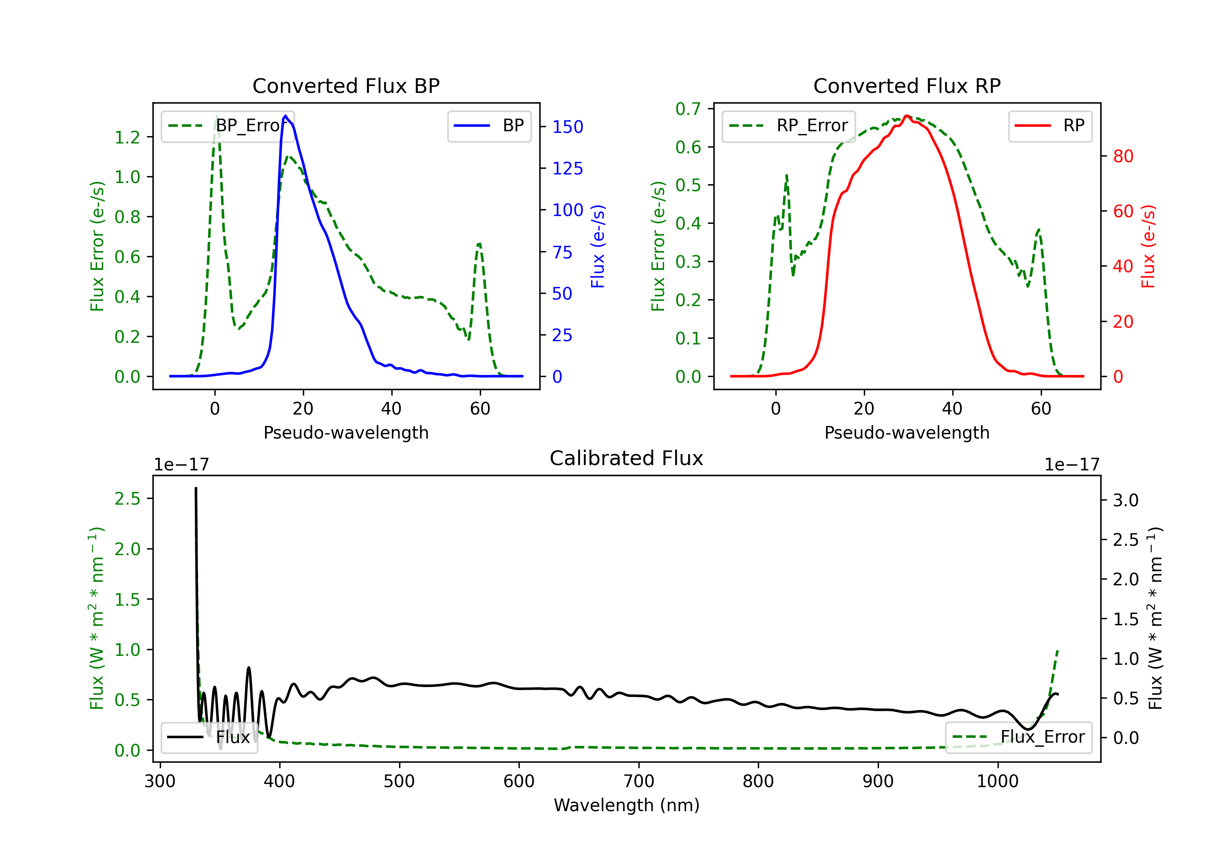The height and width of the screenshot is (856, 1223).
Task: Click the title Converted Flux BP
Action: click(346, 86)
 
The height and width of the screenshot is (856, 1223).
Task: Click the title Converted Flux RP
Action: click(907, 86)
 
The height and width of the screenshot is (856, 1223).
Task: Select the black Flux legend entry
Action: click(210, 737)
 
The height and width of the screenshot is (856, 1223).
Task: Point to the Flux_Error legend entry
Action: click(1018, 737)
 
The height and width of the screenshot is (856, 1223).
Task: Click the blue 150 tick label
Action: click(567, 127)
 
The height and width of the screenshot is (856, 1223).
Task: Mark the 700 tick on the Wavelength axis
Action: click(639, 781)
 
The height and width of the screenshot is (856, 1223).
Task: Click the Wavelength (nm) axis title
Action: click(627, 805)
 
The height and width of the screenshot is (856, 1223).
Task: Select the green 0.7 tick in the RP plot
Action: click(688, 109)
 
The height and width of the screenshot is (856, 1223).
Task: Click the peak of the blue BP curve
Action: click(285, 116)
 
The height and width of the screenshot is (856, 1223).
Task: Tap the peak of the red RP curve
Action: click(907, 116)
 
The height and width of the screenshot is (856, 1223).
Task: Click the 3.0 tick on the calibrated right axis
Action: click(1126, 500)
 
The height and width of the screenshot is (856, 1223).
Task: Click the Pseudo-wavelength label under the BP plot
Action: click(346, 432)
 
